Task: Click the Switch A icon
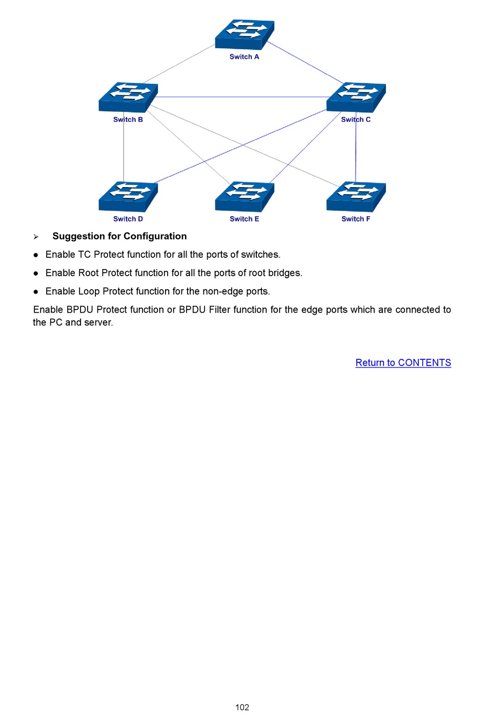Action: (245, 34)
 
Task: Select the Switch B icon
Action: (128, 97)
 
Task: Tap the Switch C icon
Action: (356, 97)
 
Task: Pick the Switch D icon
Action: (128, 196)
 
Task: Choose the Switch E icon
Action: (245, 196)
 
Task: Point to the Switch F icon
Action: (356, 196)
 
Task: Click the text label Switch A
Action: (244, 57)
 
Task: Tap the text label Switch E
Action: (244, 219)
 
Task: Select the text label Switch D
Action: (128, 219)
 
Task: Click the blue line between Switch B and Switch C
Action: (241, 97)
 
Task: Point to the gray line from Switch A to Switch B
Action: (179, 64)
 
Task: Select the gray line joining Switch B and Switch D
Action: (124, 149)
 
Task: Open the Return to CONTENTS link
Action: (403, 363)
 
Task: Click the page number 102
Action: (242, 707)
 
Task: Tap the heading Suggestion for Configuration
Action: (119, 236)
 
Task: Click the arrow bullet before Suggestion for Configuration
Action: (36, 237)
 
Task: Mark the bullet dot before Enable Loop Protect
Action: (36, 292)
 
